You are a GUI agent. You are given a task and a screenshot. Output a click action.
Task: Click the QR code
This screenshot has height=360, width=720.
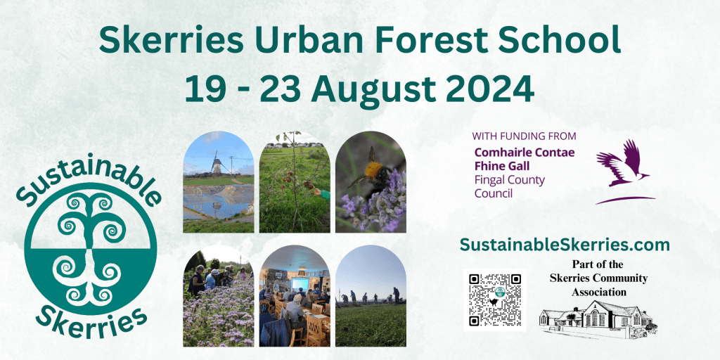[x=494, y=300]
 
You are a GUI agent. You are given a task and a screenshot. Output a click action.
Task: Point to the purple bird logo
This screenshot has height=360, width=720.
[x=625, y=171]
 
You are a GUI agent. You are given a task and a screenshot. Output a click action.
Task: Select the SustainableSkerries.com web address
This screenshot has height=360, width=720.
[x=565, y=245]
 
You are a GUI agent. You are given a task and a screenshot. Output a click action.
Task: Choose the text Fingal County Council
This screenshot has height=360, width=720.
[x=509, y=186]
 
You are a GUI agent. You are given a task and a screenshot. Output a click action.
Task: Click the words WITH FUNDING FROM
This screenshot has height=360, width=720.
[x=524, y=136]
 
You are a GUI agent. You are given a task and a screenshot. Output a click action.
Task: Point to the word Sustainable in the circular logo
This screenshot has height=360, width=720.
[x=88, y=176]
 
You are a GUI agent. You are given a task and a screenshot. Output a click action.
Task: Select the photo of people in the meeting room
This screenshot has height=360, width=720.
[x=295, y=296]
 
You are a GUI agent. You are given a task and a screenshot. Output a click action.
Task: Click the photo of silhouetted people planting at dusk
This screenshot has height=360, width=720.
[x=371, y=296]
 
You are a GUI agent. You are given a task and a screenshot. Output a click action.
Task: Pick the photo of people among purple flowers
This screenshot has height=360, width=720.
[x=218, y=296]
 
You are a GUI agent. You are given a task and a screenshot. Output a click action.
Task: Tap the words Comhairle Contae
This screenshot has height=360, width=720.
[x=525, y=153]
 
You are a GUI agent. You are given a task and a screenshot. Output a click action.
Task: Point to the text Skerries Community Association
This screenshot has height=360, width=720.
[x=599, y=285]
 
